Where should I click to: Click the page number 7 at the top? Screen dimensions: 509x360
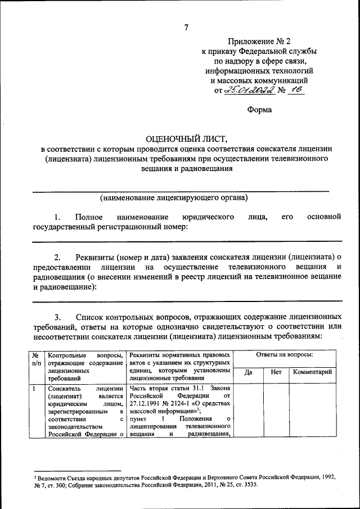(x=186, y=28)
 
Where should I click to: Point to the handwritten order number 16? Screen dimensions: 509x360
(x=296, y=91)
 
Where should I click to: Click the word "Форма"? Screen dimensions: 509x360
(x=260, y=110)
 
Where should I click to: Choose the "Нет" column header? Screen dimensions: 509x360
(x=276, y=372)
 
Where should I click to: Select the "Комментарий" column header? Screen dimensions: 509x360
(x=311, y=372)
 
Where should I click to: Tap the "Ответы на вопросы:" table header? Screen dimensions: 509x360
(x=285, y=355)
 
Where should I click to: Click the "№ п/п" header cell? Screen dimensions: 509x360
(x=35, y=359)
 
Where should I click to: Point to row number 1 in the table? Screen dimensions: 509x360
(x=34, y=388)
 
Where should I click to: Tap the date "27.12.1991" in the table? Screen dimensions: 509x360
(x=145, y=403)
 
